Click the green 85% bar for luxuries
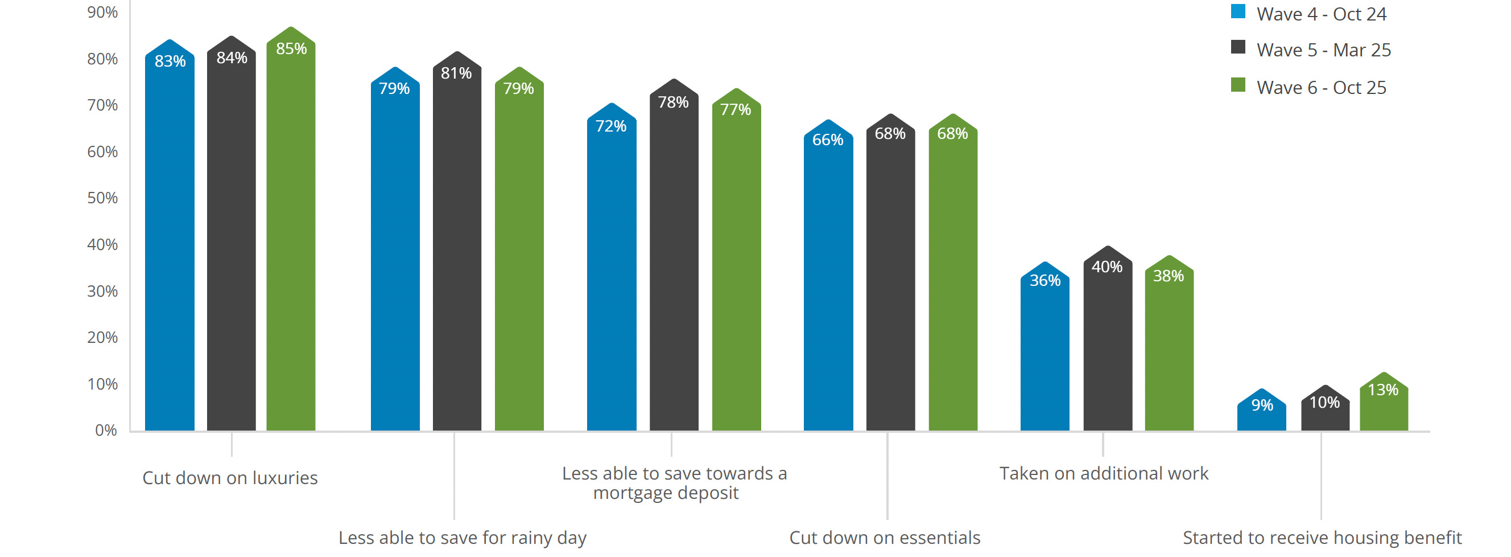(x=291, y=235)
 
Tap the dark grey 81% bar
(x=457, y=247)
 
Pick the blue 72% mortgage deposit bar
(x=611, y=270)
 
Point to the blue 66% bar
(x=828, y=282)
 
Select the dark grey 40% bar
(x=1108, y=346)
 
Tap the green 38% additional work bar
(x=1169, y=352)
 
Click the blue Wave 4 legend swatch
(x=1238, y=12)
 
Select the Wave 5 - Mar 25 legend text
(x=1323, y=50)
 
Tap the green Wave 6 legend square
(x=1238, y=85)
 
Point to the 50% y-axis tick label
(x=102, y=198)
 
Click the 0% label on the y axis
(x=106, y=430)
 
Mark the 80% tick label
(x=102, y=59)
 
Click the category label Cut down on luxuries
(x=230, y=478)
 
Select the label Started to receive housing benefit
(x=1322, y=538)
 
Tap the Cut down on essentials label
(x=885, y=538)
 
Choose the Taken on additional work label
(x=1103, y=473)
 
